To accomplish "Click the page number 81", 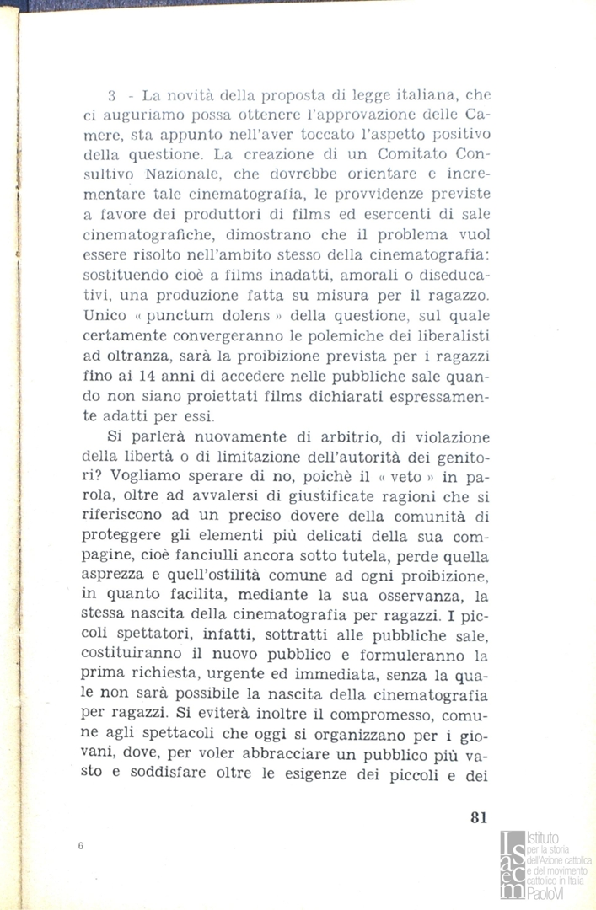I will (x=477, y=816).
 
